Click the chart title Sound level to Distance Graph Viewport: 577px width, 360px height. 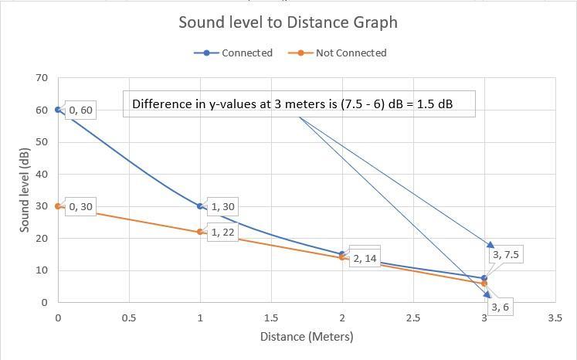pyautogui.click(x=288, y=22)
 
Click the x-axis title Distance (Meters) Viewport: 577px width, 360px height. pyautogui.click(x=307, y=337)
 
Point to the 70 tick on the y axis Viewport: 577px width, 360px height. pyautogui.click(x=42, y=78)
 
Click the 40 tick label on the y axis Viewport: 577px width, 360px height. pyautogui.click(x=42, y=175)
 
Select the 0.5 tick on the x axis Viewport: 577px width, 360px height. pyautogui.click(x=129, y=318)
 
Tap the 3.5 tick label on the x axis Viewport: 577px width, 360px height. pyautogui.click(x=555, y=318)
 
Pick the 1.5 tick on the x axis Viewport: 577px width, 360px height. pyautogui.click(x=271, y=318)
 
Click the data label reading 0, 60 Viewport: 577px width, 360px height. pyautogui.click(x=81, y=110)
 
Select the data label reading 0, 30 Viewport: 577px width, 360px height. pyautogui.click(x=81, y=207)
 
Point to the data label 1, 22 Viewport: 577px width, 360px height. pyautogui.click(x=222, y=233)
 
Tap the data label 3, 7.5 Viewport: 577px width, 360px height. pyautogui.click(x=505, y=254)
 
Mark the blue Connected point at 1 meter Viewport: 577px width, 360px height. pyautogui.click(x=200, y=206)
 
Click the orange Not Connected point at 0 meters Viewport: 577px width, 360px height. pyautogui.click(x=58, y=206)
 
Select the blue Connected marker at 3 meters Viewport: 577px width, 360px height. pyautogui.click(x=484, y=278)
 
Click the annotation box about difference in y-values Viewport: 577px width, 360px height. pyautogui.click(x=299, y=104)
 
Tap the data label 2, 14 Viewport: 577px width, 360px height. pyautogui.click(x=365, y=259)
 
